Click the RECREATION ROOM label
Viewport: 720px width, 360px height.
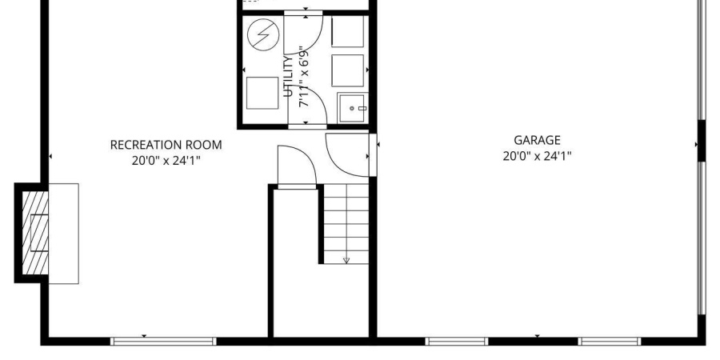pos(166,145)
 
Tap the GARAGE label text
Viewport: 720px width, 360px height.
pos(537,140)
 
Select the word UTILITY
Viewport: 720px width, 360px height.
pos(288,76)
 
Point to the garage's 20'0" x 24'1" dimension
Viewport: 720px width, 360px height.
pos(537,156)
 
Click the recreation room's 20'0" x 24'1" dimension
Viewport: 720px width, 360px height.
pos(166,161)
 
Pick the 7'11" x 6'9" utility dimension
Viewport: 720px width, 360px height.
pos(304,76)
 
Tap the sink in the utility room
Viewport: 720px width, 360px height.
pos(353,108)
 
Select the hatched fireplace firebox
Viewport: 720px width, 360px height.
pos(35,233)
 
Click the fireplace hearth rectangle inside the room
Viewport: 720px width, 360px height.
pos(63,234)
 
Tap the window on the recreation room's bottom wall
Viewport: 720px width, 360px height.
pos(163,341)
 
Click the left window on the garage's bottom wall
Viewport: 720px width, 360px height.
pos(457,341)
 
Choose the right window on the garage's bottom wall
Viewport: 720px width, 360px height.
pos(610,341)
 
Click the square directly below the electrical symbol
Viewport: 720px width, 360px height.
pos(262,94)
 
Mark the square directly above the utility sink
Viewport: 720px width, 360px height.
pos(348,70)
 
